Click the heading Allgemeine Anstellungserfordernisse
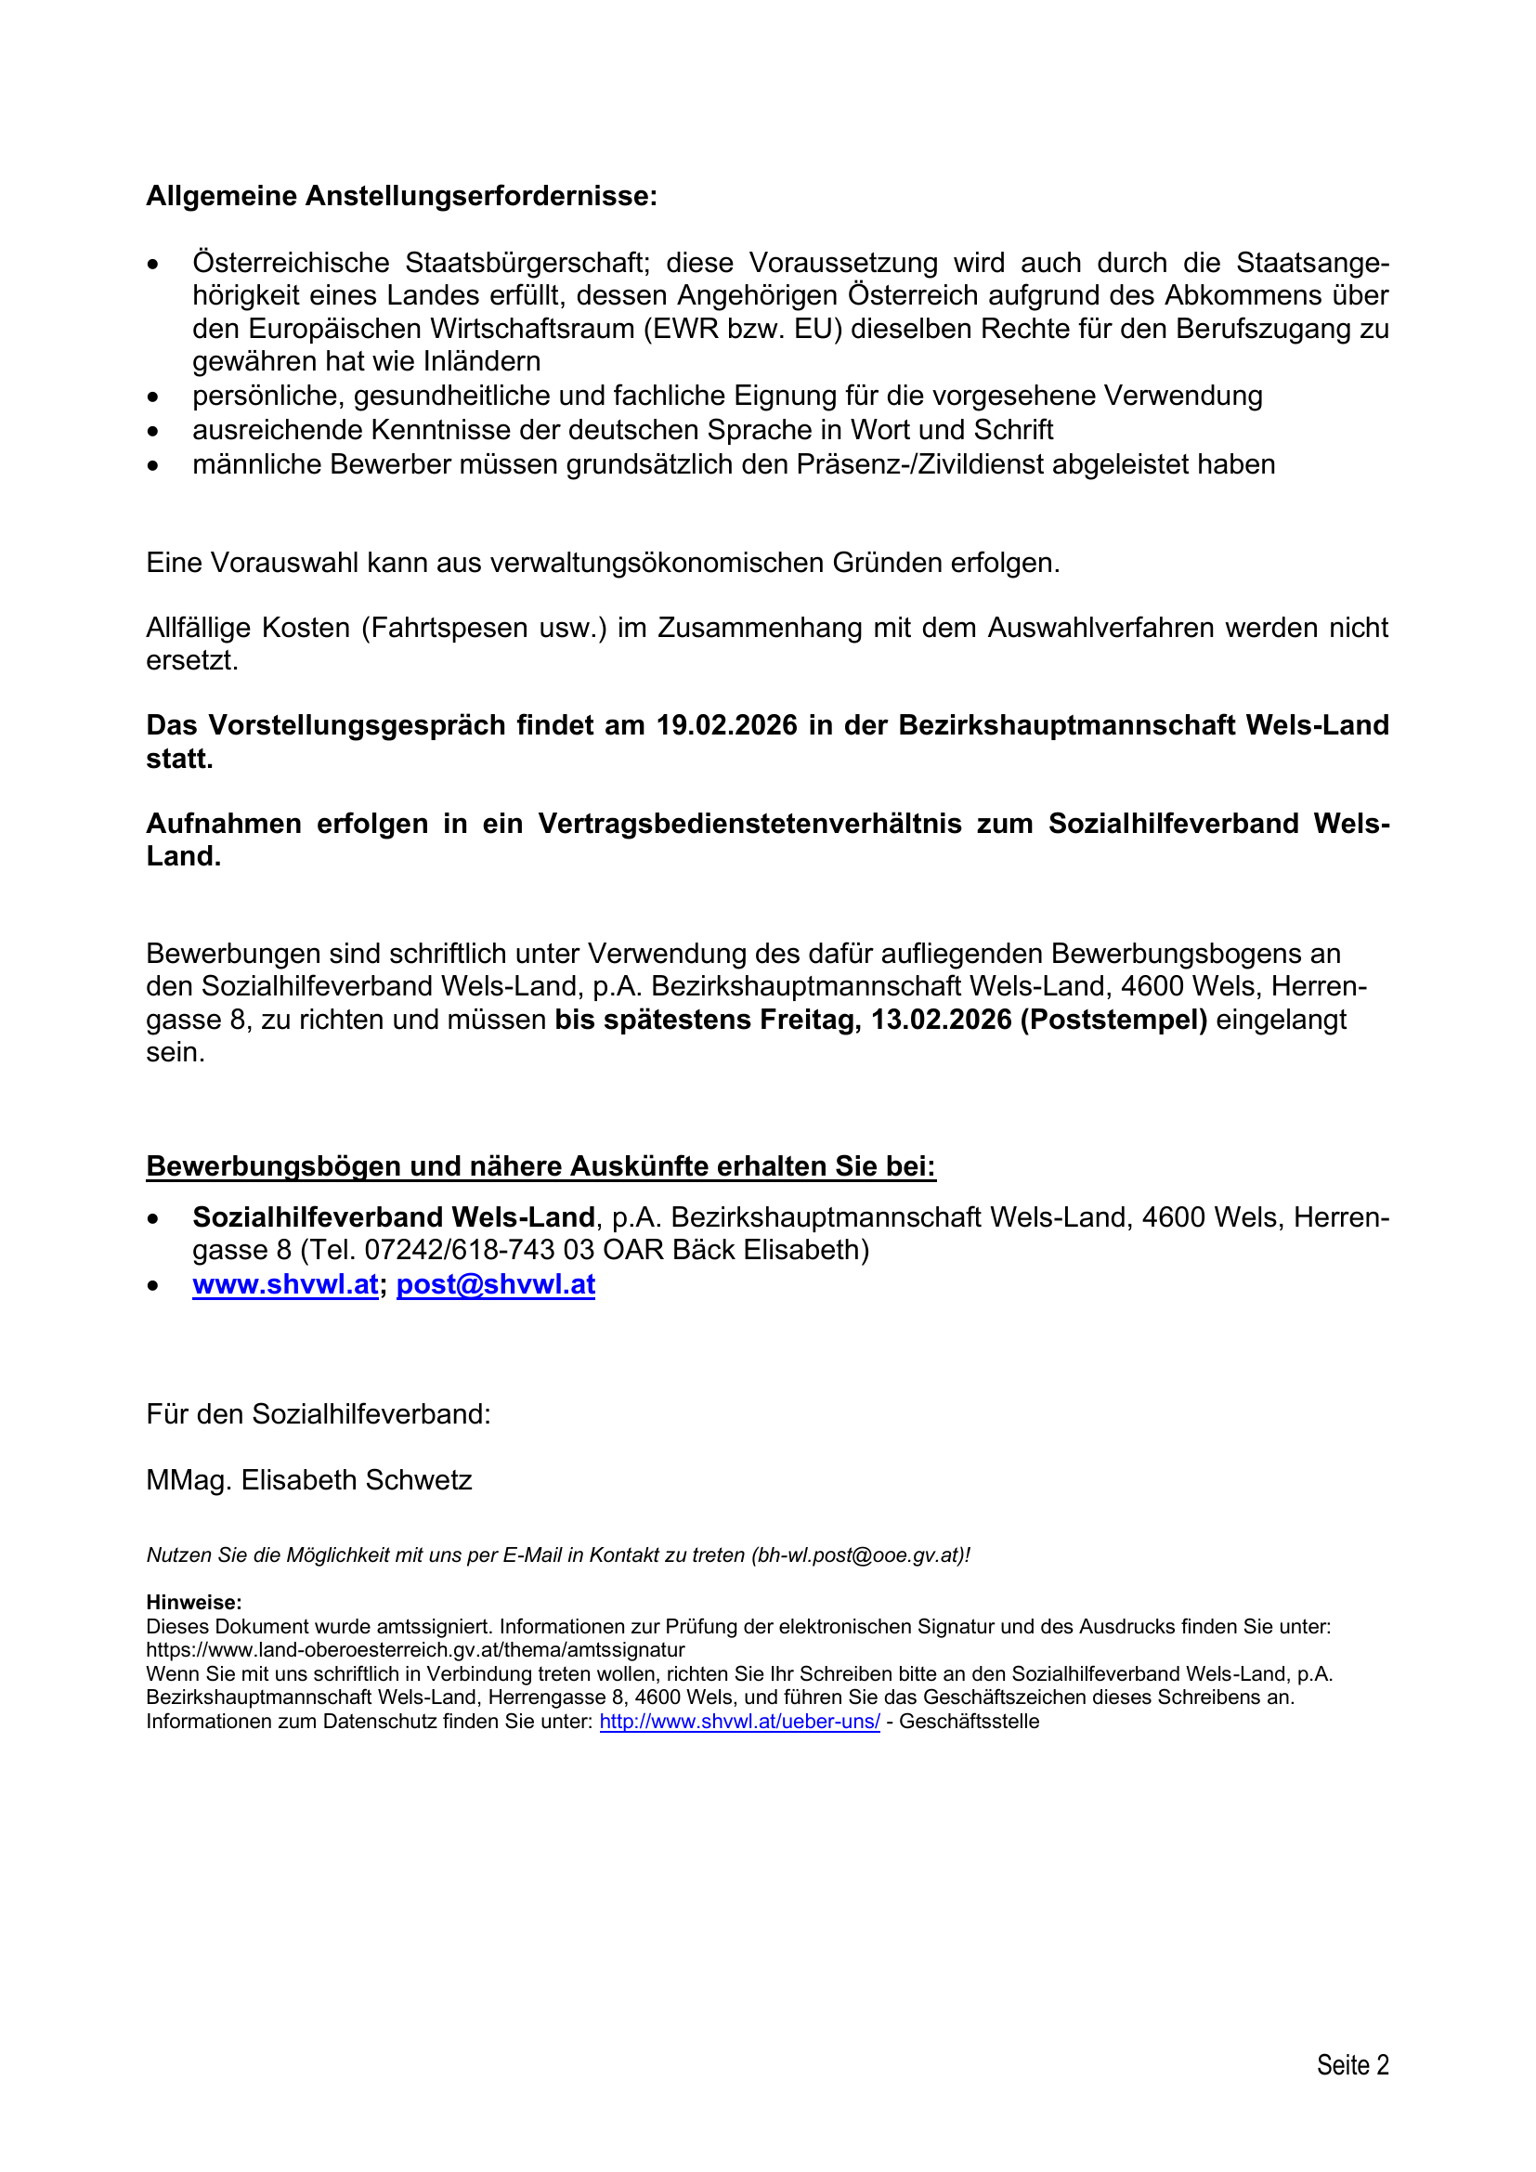pyautogui.click(x=401, y=196)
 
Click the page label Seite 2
pyautogui.click(x=1352, y=2064)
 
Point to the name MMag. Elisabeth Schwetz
pyautogui.click(x=308, y=1479)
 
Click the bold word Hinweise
pyautogui.click(x=193, y=1602)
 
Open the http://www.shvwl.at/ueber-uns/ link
pyautogui.click(x=739, y=1721)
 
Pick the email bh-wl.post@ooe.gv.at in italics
pyautogui.click(x=857, y=1554)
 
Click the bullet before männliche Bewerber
pyautogui.click(x=153, y=465)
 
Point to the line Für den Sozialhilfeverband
pyautogui.click(x=319, y=1414)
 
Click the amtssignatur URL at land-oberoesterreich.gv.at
pyautogui.click(x=415, y=1650)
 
